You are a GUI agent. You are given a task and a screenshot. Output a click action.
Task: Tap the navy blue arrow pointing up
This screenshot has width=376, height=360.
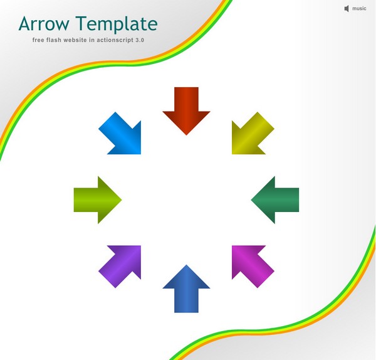(186, 290)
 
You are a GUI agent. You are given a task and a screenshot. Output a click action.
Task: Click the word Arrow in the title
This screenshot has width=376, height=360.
(44, 24)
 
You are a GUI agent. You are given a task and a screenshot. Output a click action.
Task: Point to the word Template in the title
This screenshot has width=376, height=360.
(117, 24)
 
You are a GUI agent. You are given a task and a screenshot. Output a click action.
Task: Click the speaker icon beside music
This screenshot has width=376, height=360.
(347, 9)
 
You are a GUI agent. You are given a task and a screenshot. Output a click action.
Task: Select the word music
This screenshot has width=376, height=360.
(359, 9)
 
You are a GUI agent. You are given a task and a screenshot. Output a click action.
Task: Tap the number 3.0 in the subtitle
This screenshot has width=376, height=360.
(140, 40)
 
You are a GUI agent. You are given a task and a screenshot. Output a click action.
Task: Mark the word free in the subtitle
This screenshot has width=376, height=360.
(38, 40)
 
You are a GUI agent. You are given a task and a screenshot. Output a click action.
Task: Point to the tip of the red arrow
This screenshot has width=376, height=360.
(186, 135)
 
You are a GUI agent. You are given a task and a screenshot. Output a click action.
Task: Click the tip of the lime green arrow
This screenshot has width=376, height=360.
(122, 200)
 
